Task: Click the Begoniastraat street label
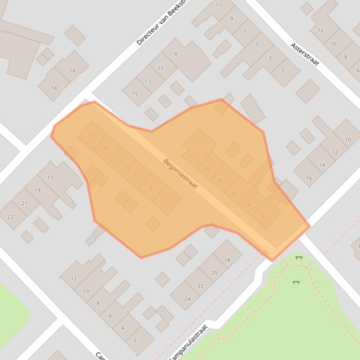180,174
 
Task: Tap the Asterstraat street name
305,54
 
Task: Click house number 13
148,81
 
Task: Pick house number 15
135,94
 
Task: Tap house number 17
50,178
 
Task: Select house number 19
37,190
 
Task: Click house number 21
24,203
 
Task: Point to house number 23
10,216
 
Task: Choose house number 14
322,165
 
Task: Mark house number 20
214,273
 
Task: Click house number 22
201,286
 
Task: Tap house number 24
188,299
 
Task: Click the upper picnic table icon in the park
299,258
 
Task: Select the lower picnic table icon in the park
296,282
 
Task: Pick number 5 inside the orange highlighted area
135,175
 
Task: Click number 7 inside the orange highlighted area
120,162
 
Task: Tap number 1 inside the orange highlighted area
165,200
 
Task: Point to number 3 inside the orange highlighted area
150,187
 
